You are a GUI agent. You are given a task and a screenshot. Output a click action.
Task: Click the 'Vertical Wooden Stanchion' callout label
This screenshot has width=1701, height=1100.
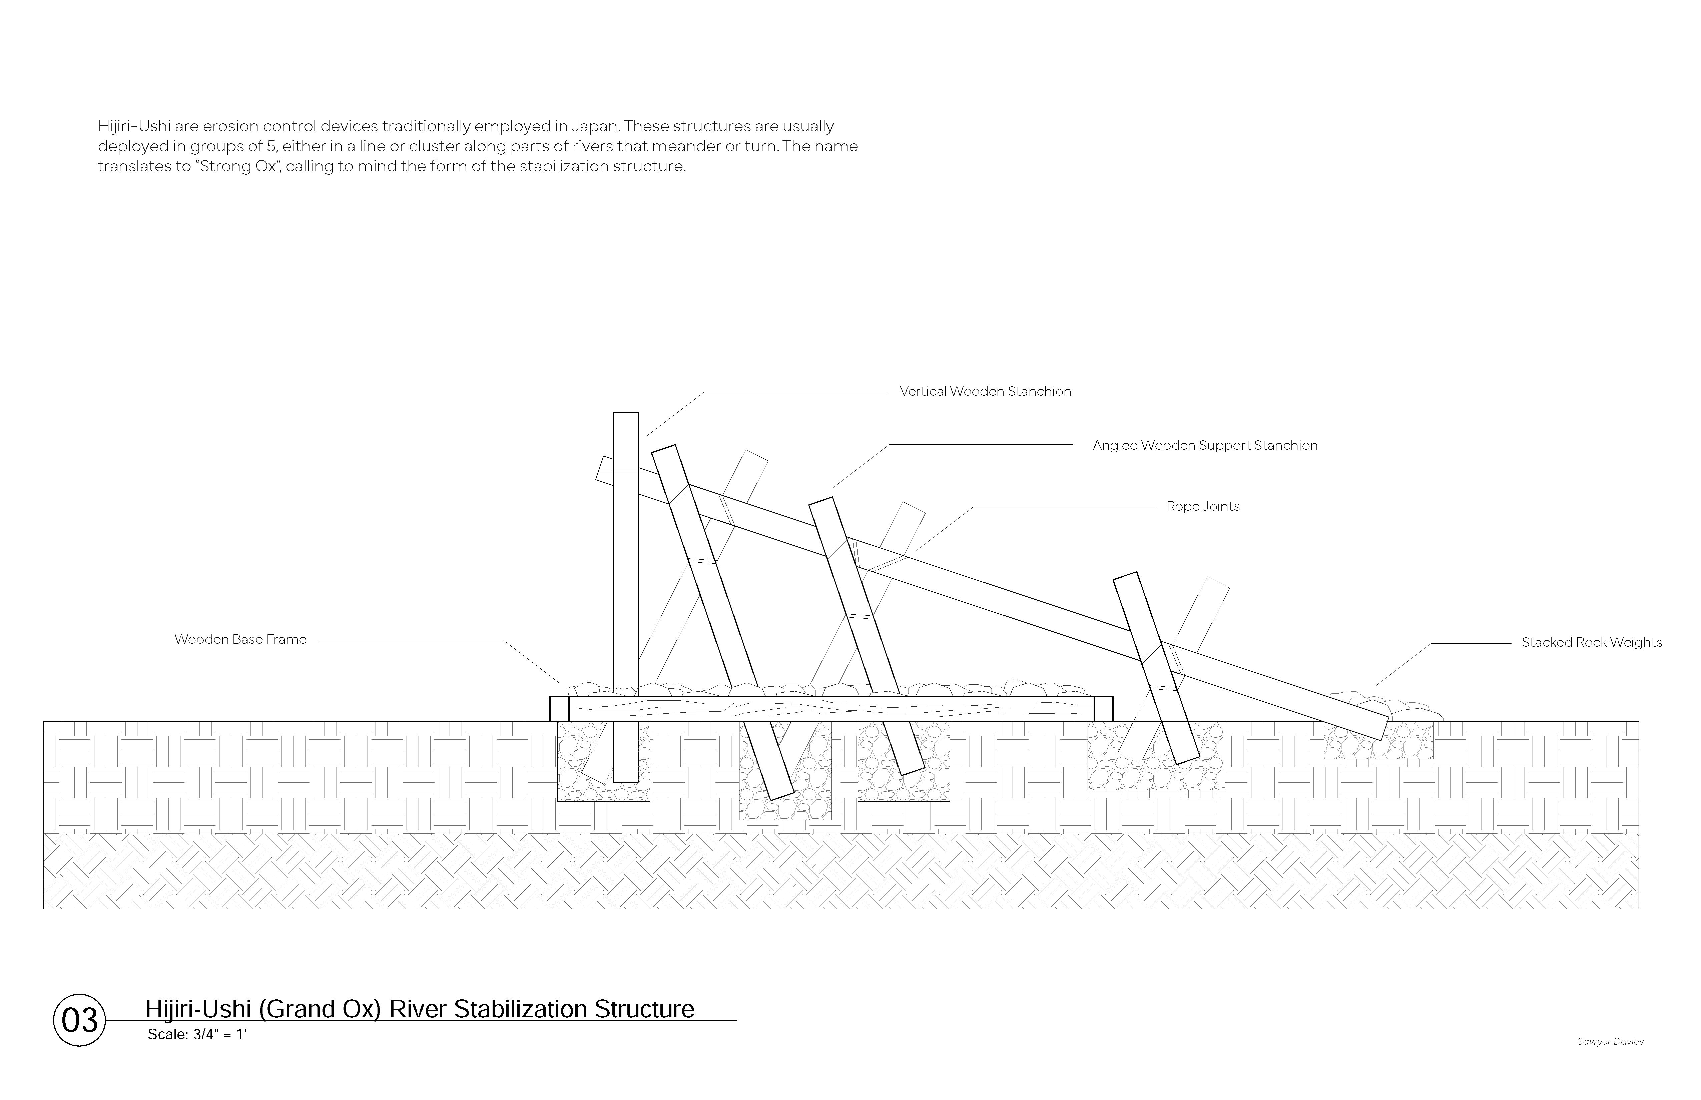point(985,391)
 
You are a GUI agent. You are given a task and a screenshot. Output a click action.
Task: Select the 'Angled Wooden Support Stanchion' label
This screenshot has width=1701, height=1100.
point(1204,446)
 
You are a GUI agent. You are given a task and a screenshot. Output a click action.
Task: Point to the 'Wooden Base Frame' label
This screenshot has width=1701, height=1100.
point(240,639)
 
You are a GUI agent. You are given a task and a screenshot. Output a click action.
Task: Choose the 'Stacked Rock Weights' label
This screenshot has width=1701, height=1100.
point(1591,642)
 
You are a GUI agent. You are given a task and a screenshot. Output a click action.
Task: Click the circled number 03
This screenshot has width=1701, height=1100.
point(79,1020)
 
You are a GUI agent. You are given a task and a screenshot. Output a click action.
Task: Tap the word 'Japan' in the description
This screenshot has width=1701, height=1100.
point(595,126)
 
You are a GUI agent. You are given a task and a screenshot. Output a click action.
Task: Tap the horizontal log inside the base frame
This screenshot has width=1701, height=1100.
point(829,709)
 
